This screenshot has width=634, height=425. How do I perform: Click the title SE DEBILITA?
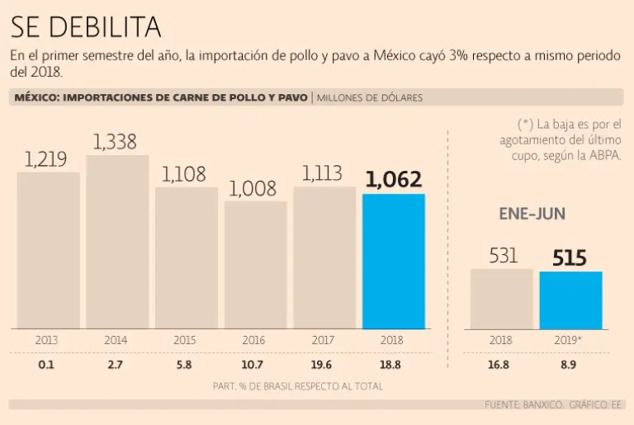(x=85, y=26)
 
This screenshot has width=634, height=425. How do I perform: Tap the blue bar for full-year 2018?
(x=394, y=262)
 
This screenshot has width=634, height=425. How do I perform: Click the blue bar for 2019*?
(x=570, y=300)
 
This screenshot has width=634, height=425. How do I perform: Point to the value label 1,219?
(x=46, y=159)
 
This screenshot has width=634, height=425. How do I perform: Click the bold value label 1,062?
(x=393, y=179)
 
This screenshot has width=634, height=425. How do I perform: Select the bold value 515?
(x=570, y=258)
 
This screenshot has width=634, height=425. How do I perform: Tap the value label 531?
(x=502, y=257)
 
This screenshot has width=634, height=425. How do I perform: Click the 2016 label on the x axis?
(x=254, y=340)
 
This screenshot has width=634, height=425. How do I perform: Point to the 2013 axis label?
(x=47, y=340)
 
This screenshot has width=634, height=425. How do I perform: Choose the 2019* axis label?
(x=571, y=340)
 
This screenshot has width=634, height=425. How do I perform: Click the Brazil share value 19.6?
(x=324, y=365)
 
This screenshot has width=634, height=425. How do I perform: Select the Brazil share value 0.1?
(x=47, y=365)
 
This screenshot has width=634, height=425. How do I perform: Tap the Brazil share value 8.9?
(x=571, y=365)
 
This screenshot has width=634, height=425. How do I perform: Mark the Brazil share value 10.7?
(x=254, y=365)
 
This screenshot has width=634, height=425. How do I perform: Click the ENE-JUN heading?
(x=532, y=214)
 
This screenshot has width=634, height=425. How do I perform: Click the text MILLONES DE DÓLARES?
(x=370, y=98)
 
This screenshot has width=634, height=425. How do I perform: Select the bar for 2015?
(x=187, y=257)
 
